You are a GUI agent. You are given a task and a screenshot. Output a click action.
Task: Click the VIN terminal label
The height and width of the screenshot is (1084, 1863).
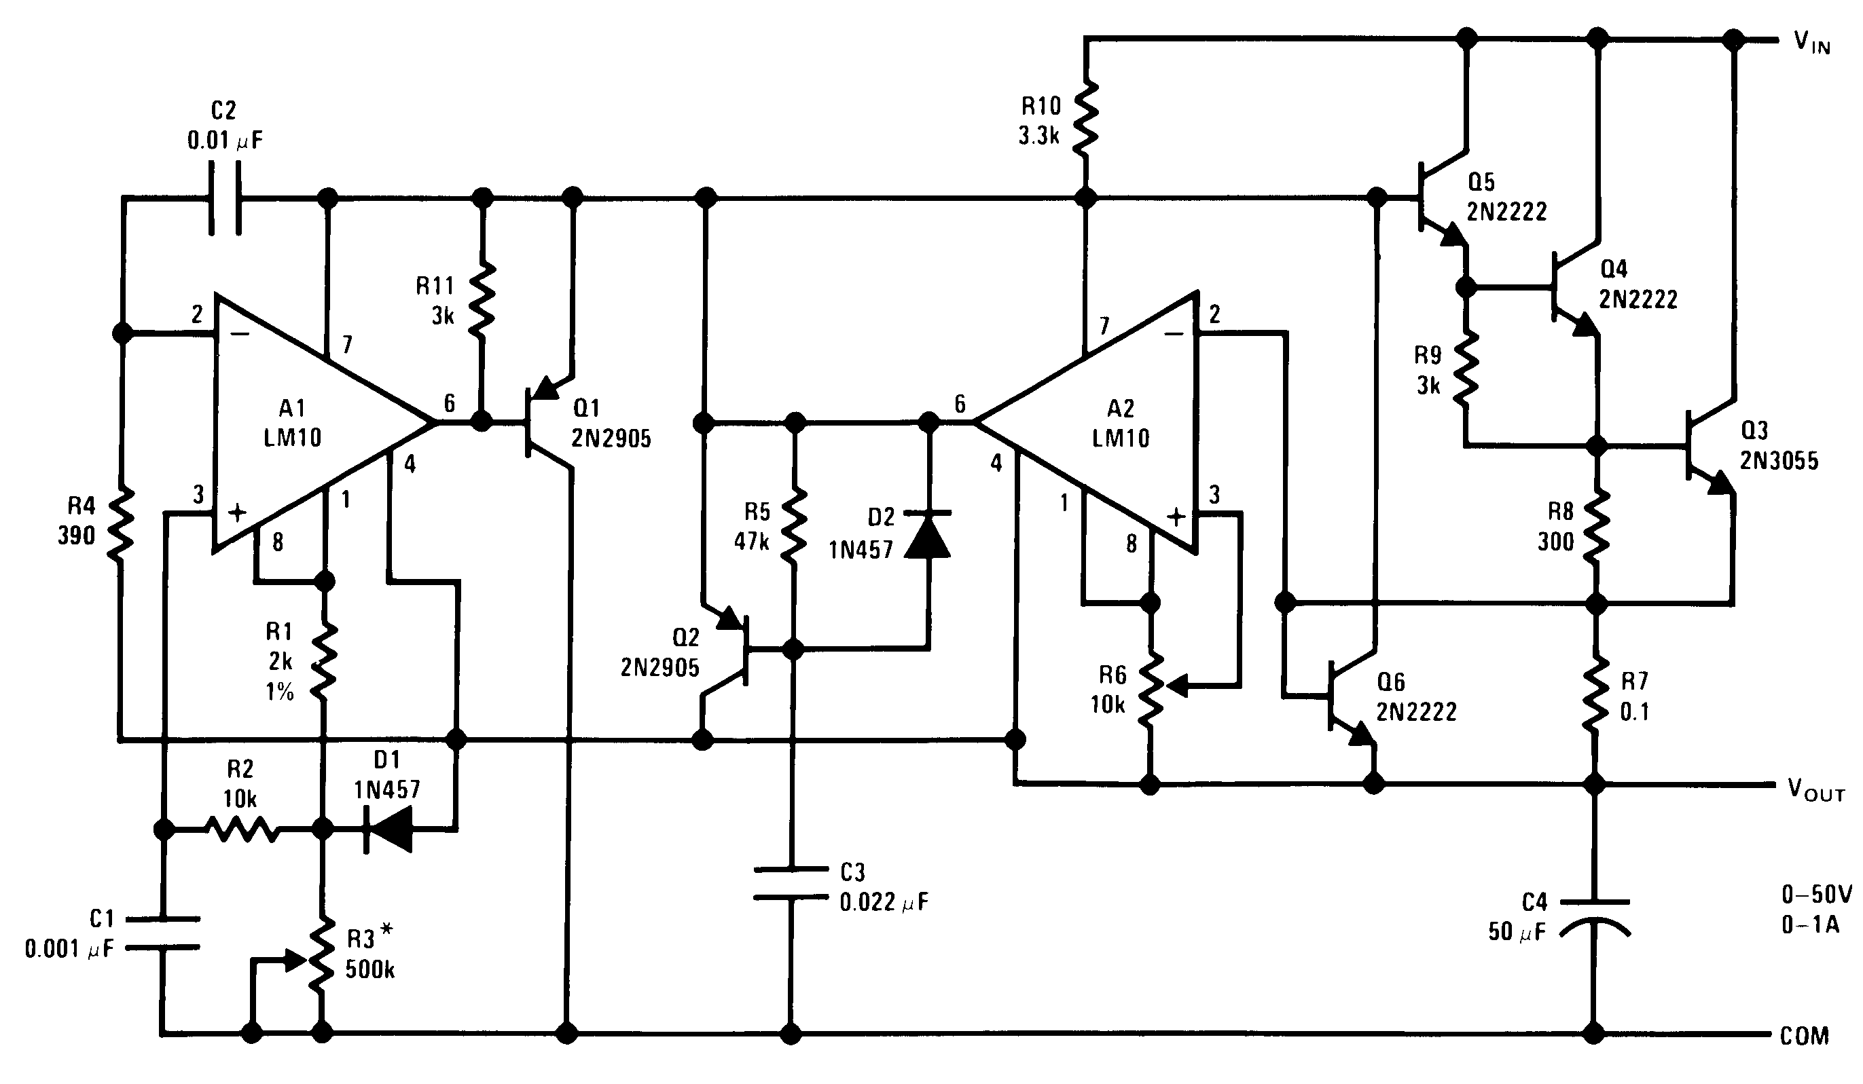pyautogui.click(x=1811, y=43)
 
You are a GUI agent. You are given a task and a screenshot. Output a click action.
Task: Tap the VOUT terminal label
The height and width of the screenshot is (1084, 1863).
pyautogui.click(x=1815, y=790)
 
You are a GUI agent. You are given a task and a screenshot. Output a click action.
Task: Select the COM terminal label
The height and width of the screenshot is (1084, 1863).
pyautogui.click(x=1804, y=1036)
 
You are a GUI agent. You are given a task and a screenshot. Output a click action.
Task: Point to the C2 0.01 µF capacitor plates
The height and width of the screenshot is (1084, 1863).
pyautogui.click(x=225, y=198)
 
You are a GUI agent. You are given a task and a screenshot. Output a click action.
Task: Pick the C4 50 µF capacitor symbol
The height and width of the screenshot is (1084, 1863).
pyautogui.click(x=1594, y=916)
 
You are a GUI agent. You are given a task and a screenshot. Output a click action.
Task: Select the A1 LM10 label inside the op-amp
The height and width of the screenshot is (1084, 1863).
pyautogui.click(x=293, y=423)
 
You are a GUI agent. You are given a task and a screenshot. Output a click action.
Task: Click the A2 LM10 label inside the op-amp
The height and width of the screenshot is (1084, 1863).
pyautogui.click(x=1121, y=423)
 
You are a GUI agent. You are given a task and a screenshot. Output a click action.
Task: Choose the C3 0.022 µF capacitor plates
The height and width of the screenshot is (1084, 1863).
pyautogui.click(x=791, y=884)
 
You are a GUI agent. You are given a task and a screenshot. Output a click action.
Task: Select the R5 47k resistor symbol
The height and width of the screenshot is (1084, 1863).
pyautogui.click(x=794, y=525)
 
